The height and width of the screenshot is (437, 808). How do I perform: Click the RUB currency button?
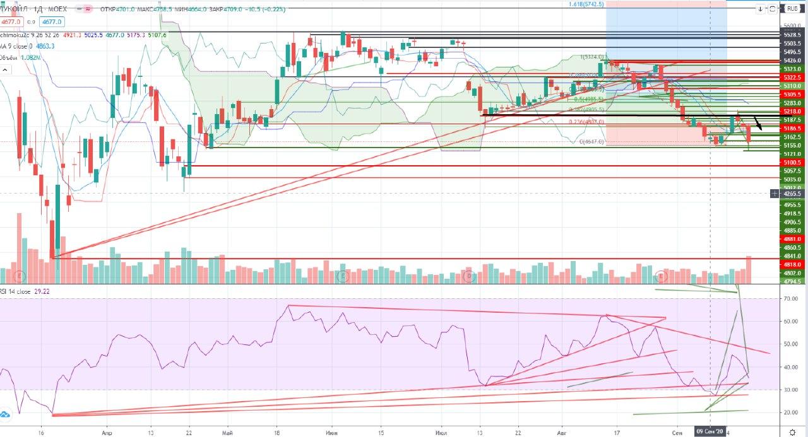pos(791,9)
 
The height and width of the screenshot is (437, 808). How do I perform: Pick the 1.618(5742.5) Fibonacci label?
pos(586,4)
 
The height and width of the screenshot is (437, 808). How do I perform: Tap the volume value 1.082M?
pos(31,57)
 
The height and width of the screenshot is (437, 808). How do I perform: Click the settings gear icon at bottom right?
pos(792,431)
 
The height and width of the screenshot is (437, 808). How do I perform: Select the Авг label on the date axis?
pos(562,432)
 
